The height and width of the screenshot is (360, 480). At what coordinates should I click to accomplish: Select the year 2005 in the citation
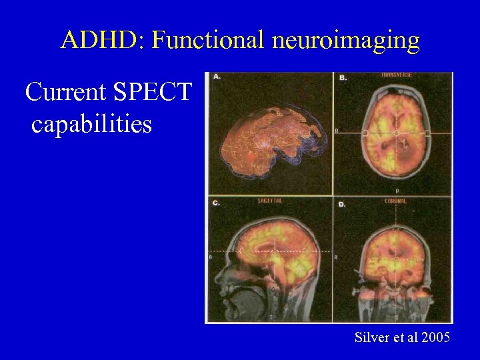(x=435, y=338)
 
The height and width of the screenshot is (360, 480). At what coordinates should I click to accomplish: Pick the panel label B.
(x=343, y=79)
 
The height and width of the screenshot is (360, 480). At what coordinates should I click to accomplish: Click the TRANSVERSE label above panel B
(x=396, y=75)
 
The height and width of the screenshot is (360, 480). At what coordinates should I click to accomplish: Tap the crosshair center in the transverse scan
(x=396, y=134)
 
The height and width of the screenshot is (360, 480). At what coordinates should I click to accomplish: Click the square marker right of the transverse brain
(x=427, y=134)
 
